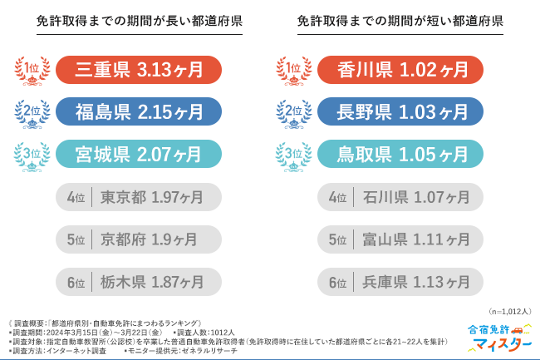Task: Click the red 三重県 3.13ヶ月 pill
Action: pos(139,69)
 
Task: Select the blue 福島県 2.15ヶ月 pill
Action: pos(139,111)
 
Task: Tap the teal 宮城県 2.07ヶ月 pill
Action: pos(139,154)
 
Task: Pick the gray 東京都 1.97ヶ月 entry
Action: pos(139,197)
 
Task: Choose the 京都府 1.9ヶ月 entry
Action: pos(139,239)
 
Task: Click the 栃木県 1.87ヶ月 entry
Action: pos(139,283)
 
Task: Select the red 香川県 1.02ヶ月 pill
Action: pos(400,69)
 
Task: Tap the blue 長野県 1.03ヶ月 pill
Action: pos(400,111)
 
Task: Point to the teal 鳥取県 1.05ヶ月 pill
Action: pos(400,154)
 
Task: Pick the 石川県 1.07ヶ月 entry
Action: pos(400,197)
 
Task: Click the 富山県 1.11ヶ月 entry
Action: pos(400,239)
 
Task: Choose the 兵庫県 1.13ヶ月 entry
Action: pos(400,283)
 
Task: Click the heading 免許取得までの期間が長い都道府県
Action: pos(140,22)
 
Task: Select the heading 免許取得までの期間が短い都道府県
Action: pos(400,22)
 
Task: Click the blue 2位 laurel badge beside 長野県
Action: pos(291,111)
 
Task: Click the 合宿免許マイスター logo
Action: pos(499,336)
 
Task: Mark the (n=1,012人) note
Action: pos(510,311)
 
